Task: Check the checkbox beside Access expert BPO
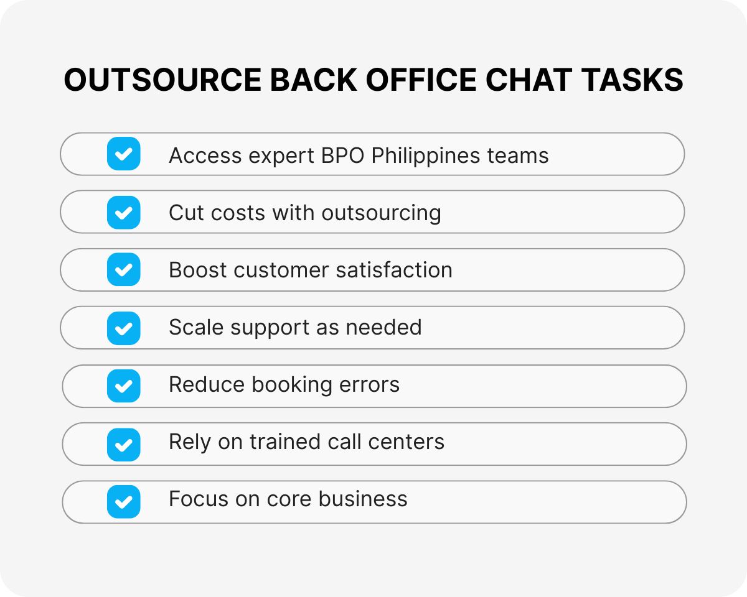[124, 154]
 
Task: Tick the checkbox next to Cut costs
[124, 212]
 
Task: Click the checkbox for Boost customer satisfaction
[124, 270]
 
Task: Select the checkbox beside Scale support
[124, 328]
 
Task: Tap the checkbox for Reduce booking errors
[124, 386]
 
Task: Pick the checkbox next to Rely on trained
[124, 443]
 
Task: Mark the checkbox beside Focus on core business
[124, 501]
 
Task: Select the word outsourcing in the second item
[381, 213]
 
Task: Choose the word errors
[369, 385]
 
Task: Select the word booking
[292, 386]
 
